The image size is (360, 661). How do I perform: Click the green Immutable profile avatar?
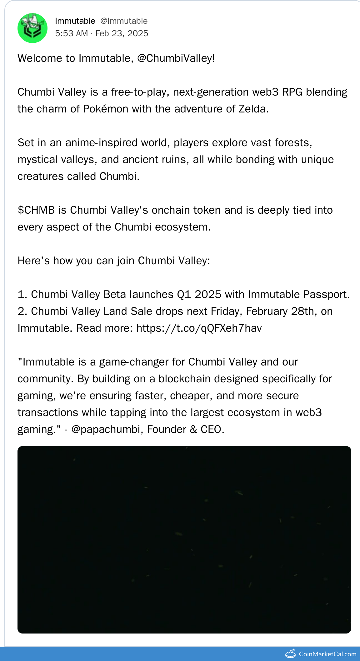pyautogui.click(x=32, y=28)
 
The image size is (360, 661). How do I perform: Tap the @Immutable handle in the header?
pyautogui.click(x=124, y=21)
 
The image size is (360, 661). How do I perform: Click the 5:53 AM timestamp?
pyautogui.click(x=71, y=33)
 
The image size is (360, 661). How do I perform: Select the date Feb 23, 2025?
pyautogui.click(x=122, y=33)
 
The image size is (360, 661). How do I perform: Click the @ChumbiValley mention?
pyautogui.click(x=176, y=58)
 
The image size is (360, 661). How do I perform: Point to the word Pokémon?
pyautogui.click(x=106, y=109)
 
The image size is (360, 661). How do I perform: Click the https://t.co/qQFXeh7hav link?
pyautogui.click(x=199, y=328)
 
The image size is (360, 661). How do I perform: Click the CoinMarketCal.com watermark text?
pyautogui.click(x=327, y=654)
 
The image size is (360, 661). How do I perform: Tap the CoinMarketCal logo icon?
pyautogui.click(x=291, y=654)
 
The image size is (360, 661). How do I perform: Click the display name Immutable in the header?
pyautogui.click(x=75, y=21)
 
